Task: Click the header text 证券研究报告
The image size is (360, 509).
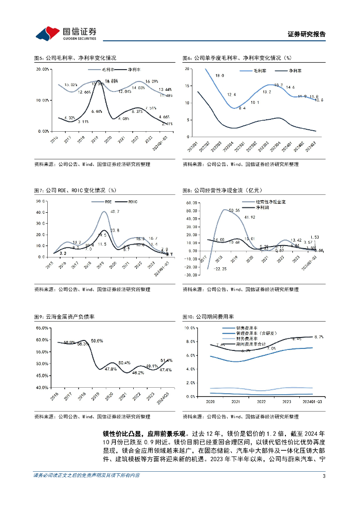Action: (x=307, y=34)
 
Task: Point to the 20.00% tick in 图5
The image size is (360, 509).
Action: (x=42, y=69)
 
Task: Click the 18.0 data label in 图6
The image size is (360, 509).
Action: (x=220, y=76)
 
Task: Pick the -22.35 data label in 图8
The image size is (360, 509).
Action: (x=220, y=269)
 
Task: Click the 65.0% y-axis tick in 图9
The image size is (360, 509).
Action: (x=41, y=328)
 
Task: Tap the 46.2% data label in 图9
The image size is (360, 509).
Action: (x=137, y=372)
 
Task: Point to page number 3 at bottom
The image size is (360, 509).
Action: (x=324, y=490)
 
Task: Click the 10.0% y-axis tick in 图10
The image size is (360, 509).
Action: (x=190, y=328)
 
